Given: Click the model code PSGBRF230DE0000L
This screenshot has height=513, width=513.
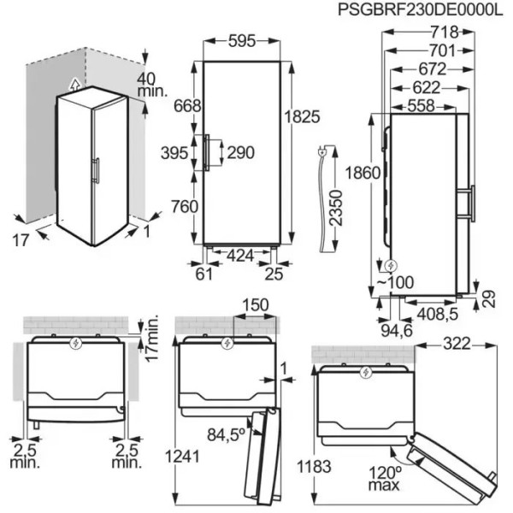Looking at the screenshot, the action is [420, 9].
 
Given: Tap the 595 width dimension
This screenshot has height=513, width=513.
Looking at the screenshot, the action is [242, 41].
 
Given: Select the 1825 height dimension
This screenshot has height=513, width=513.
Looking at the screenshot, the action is [302, 116].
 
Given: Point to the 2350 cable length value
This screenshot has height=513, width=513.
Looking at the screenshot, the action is [336, 208].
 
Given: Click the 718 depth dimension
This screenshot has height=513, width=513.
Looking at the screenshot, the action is [445, 32].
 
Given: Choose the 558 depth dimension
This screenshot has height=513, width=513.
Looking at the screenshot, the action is [421, 106].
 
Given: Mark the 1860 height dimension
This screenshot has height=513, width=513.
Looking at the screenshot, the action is [363, 173].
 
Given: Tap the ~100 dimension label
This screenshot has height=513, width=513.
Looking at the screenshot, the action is [396, 282].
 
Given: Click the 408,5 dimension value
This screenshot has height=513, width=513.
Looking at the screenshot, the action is [437, 314].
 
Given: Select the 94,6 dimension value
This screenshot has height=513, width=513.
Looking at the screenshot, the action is [397, 331].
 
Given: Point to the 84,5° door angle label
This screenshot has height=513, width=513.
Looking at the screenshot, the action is [226, 434].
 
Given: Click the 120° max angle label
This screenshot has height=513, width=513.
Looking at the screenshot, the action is [385, 478].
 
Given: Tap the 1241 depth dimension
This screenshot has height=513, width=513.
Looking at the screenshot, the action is [182, 457].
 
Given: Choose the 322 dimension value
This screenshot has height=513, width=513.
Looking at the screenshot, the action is [457, 344].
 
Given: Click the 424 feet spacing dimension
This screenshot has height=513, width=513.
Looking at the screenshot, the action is [240, 256].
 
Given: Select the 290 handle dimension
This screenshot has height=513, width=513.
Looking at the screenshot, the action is [241, 153].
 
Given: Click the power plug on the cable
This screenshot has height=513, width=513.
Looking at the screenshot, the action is [321, 152].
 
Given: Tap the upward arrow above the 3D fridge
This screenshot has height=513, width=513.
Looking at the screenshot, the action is [75, 84].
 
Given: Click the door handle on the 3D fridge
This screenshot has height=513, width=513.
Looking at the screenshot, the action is [96, 170].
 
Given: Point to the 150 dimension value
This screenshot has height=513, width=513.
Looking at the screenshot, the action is [256, 305].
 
